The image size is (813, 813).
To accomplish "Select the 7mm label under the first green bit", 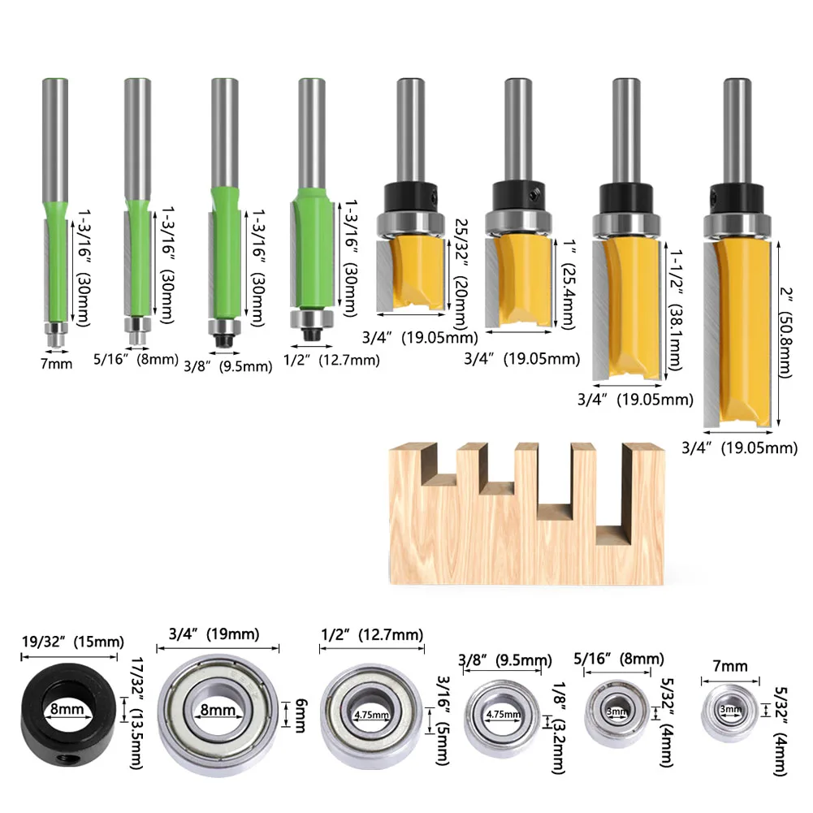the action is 57,364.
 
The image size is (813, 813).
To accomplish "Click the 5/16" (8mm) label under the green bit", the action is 136,359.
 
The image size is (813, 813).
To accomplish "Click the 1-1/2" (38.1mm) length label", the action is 675,309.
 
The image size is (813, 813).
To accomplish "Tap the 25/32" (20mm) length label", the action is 461,274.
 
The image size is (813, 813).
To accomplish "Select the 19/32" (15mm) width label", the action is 72,642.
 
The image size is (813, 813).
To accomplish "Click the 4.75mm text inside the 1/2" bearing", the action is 372,715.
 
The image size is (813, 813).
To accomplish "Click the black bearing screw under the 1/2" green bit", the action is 312,333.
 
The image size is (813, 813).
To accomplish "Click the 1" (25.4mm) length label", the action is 568,284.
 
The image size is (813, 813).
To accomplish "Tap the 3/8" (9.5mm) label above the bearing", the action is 504,660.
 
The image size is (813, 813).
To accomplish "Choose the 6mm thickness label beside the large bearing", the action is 301,715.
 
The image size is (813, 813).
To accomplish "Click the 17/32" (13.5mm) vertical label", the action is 136,714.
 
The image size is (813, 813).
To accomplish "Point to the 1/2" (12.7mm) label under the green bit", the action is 331,360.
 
